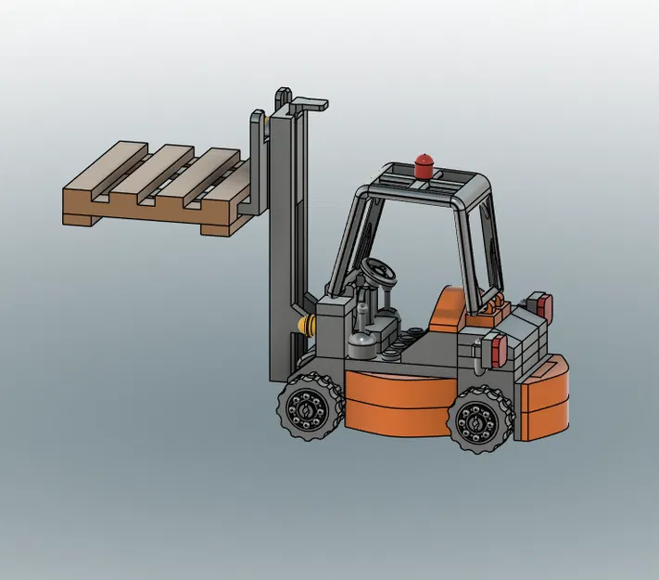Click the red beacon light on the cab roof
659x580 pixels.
[424, 164]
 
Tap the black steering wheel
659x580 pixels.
[380, 271]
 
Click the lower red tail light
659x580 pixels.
[498, 350]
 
